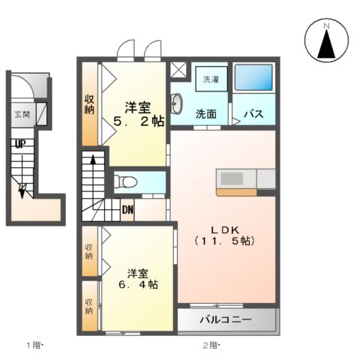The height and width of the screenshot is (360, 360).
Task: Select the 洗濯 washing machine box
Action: (x=210, y=79)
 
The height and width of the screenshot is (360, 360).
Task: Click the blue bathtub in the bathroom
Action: (x=254, y=79)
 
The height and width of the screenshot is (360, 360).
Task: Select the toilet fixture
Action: (x=127, y=181)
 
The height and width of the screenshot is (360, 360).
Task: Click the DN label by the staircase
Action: (x=127, y=210)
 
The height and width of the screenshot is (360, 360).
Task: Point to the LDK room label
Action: (x=223, y=229)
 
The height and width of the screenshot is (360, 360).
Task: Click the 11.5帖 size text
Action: (x=223, y=241)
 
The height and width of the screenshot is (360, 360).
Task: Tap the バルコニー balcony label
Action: (x=225, y=320)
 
